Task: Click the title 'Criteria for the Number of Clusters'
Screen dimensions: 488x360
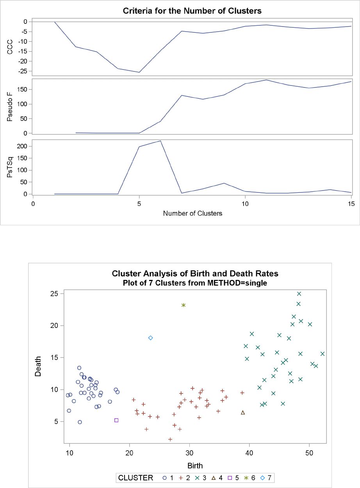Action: pyautogui.click(x=192, y=11)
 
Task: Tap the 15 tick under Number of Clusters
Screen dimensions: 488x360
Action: pyautogui.click(x=351, y=203)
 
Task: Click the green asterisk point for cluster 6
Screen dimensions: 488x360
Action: pyautogui.click(x=184, y=305)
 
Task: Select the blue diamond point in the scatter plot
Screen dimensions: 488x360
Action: pyautogui.click(x=150, y=338)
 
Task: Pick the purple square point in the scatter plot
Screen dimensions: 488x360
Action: pyautogui.click(x=116, y=420)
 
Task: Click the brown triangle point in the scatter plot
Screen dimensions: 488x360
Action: pyautogui.click(x=243, y=412)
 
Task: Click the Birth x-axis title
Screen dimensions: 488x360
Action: pyautogui.click(x=195, y=466)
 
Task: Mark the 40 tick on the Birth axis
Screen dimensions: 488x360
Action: pyautogui.click(x=249, y=452)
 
